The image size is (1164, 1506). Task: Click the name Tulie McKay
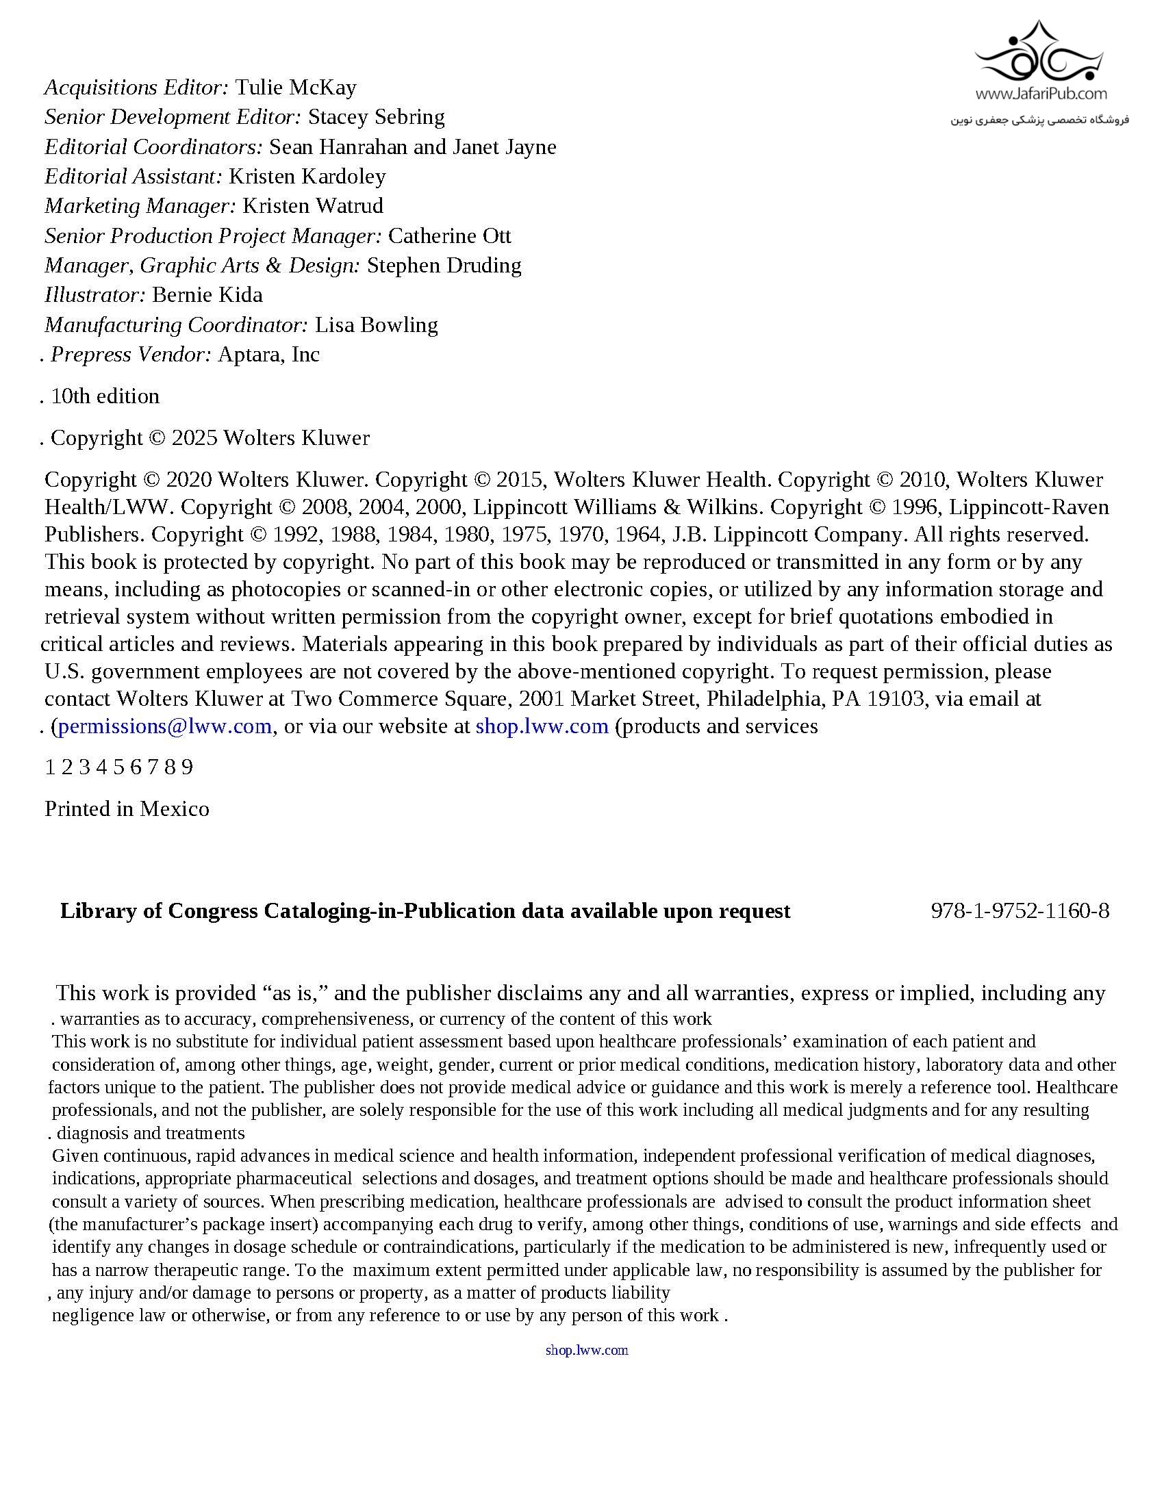(x=296, y=88)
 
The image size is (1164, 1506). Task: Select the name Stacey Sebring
(x=376, y=117)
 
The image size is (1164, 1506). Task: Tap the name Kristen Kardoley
(x=307, y=177)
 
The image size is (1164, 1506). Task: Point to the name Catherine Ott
(x=450, y=236)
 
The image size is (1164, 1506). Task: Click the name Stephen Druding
(x=444, y=266)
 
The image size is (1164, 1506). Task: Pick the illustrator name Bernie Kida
(x=207, y=295)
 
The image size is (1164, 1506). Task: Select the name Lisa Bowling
(x=376, y=324)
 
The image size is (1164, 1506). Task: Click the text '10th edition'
(x=105, y=396)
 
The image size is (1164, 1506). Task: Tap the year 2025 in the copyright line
(x=194, y=438)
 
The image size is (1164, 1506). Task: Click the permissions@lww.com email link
(x=165, y=726)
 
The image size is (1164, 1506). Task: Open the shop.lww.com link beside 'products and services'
(x=542, y=726)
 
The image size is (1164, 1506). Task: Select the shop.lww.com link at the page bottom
(x=587, y=1350)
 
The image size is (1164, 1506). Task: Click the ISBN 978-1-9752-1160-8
(x=1020, y=911)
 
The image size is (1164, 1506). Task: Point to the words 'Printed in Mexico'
(x=127, y=809)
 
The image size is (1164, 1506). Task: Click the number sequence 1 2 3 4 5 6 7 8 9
(x=118, y=767)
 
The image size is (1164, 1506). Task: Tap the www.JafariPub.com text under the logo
(x=1041, y=94)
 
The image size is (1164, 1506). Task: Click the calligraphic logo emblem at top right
(x=1041, y=52)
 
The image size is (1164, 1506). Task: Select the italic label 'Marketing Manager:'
(x=140, y=206)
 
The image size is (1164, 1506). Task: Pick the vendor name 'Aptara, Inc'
(x=268, y=355)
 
